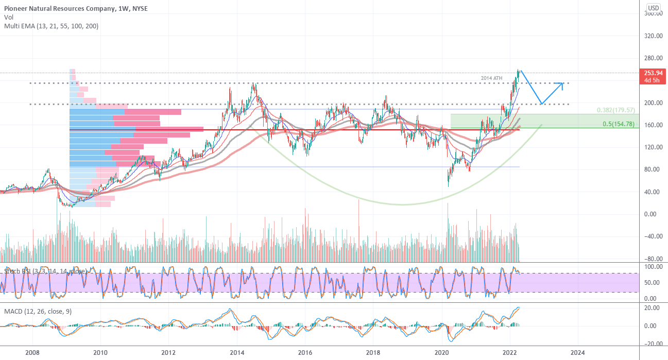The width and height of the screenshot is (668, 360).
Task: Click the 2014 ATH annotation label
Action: [491, 78]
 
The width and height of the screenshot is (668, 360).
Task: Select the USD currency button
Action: [653, 8]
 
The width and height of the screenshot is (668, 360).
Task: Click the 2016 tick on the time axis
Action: [305, 352]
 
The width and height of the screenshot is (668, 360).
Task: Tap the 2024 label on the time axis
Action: [577, 352]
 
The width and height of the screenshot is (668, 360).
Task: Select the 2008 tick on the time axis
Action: [32, 352]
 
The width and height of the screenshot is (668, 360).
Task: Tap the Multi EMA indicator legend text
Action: [51, 26]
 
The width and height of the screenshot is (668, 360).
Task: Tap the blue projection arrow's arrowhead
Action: [562, 84]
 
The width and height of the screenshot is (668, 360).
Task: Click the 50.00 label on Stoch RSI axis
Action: [650, 283]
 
